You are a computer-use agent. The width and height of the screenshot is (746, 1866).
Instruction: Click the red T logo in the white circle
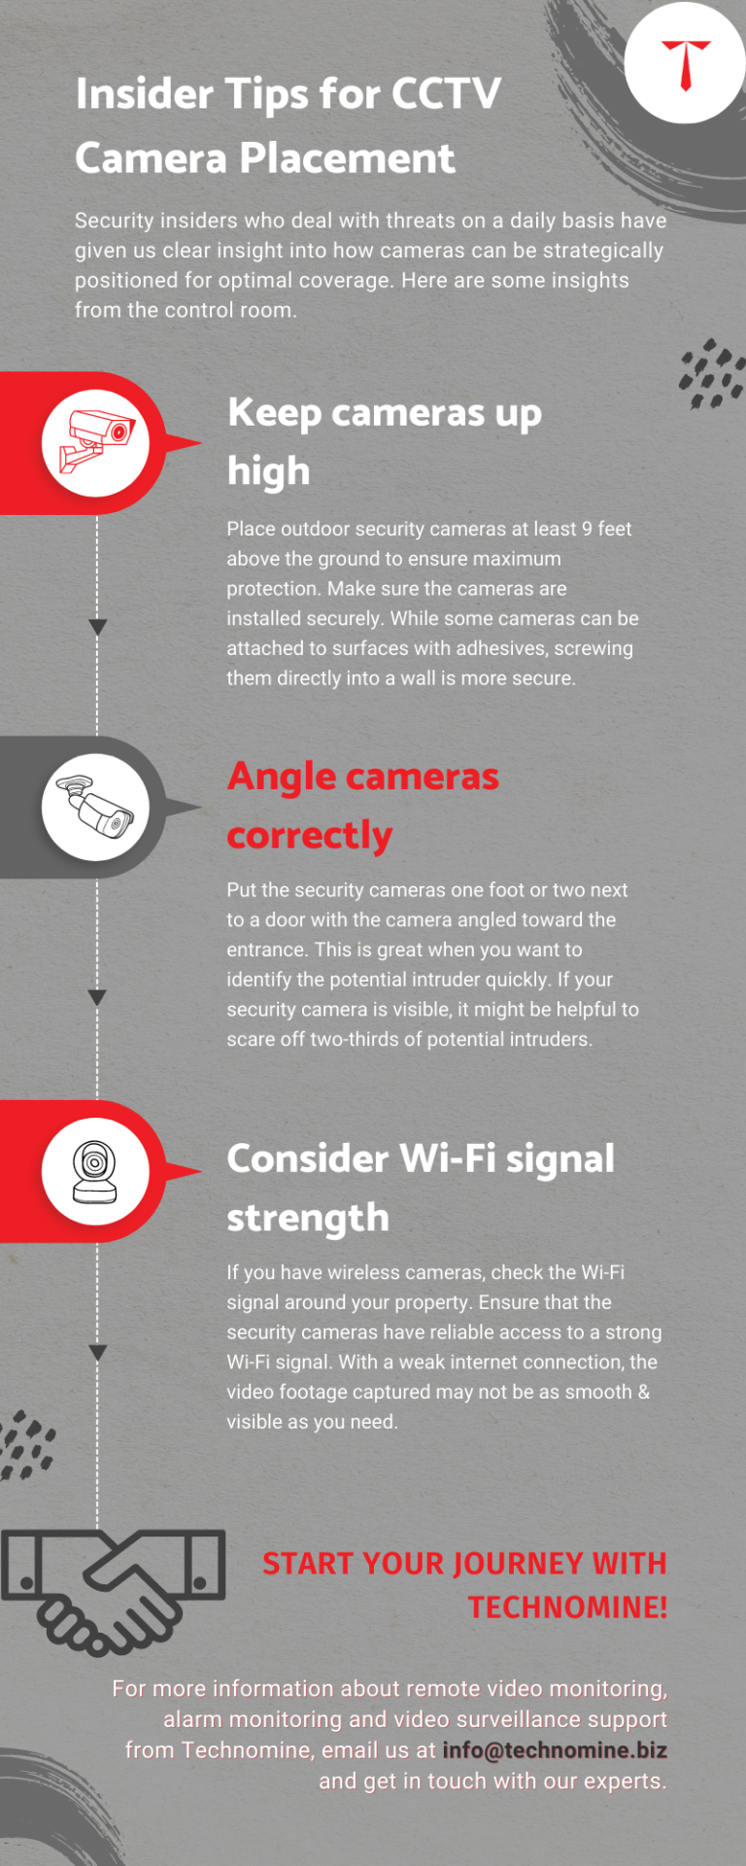pos(686,63)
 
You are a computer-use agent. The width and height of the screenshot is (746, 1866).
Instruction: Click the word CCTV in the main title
pos(446,94)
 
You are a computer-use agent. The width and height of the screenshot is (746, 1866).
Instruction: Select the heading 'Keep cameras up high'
pos(384,441)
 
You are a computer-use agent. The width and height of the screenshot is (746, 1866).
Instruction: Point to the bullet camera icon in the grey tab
pos(95,807)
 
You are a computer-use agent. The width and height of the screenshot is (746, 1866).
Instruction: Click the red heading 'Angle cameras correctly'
pos(362,805)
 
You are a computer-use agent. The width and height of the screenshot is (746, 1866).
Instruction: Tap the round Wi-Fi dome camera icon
pos(95,1171)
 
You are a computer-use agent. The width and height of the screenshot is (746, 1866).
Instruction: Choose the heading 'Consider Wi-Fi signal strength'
pos(420,1187)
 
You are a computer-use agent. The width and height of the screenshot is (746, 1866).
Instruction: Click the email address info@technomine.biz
pos(555,1750)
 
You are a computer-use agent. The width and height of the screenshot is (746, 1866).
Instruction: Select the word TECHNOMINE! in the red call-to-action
pos(567,1607)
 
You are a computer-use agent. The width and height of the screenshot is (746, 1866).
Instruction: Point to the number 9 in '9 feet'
pos(587,529)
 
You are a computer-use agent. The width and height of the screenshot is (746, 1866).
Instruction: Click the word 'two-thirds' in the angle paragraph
pos(354,1039)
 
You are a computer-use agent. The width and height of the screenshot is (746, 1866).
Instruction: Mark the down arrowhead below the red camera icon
pos(97,628)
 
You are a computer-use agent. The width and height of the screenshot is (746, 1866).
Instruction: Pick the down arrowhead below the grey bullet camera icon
pos(97,998)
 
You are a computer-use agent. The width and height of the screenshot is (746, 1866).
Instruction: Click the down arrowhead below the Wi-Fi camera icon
pos(97,1353)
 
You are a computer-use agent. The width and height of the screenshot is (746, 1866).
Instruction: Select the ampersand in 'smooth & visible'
pos(643,1392)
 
